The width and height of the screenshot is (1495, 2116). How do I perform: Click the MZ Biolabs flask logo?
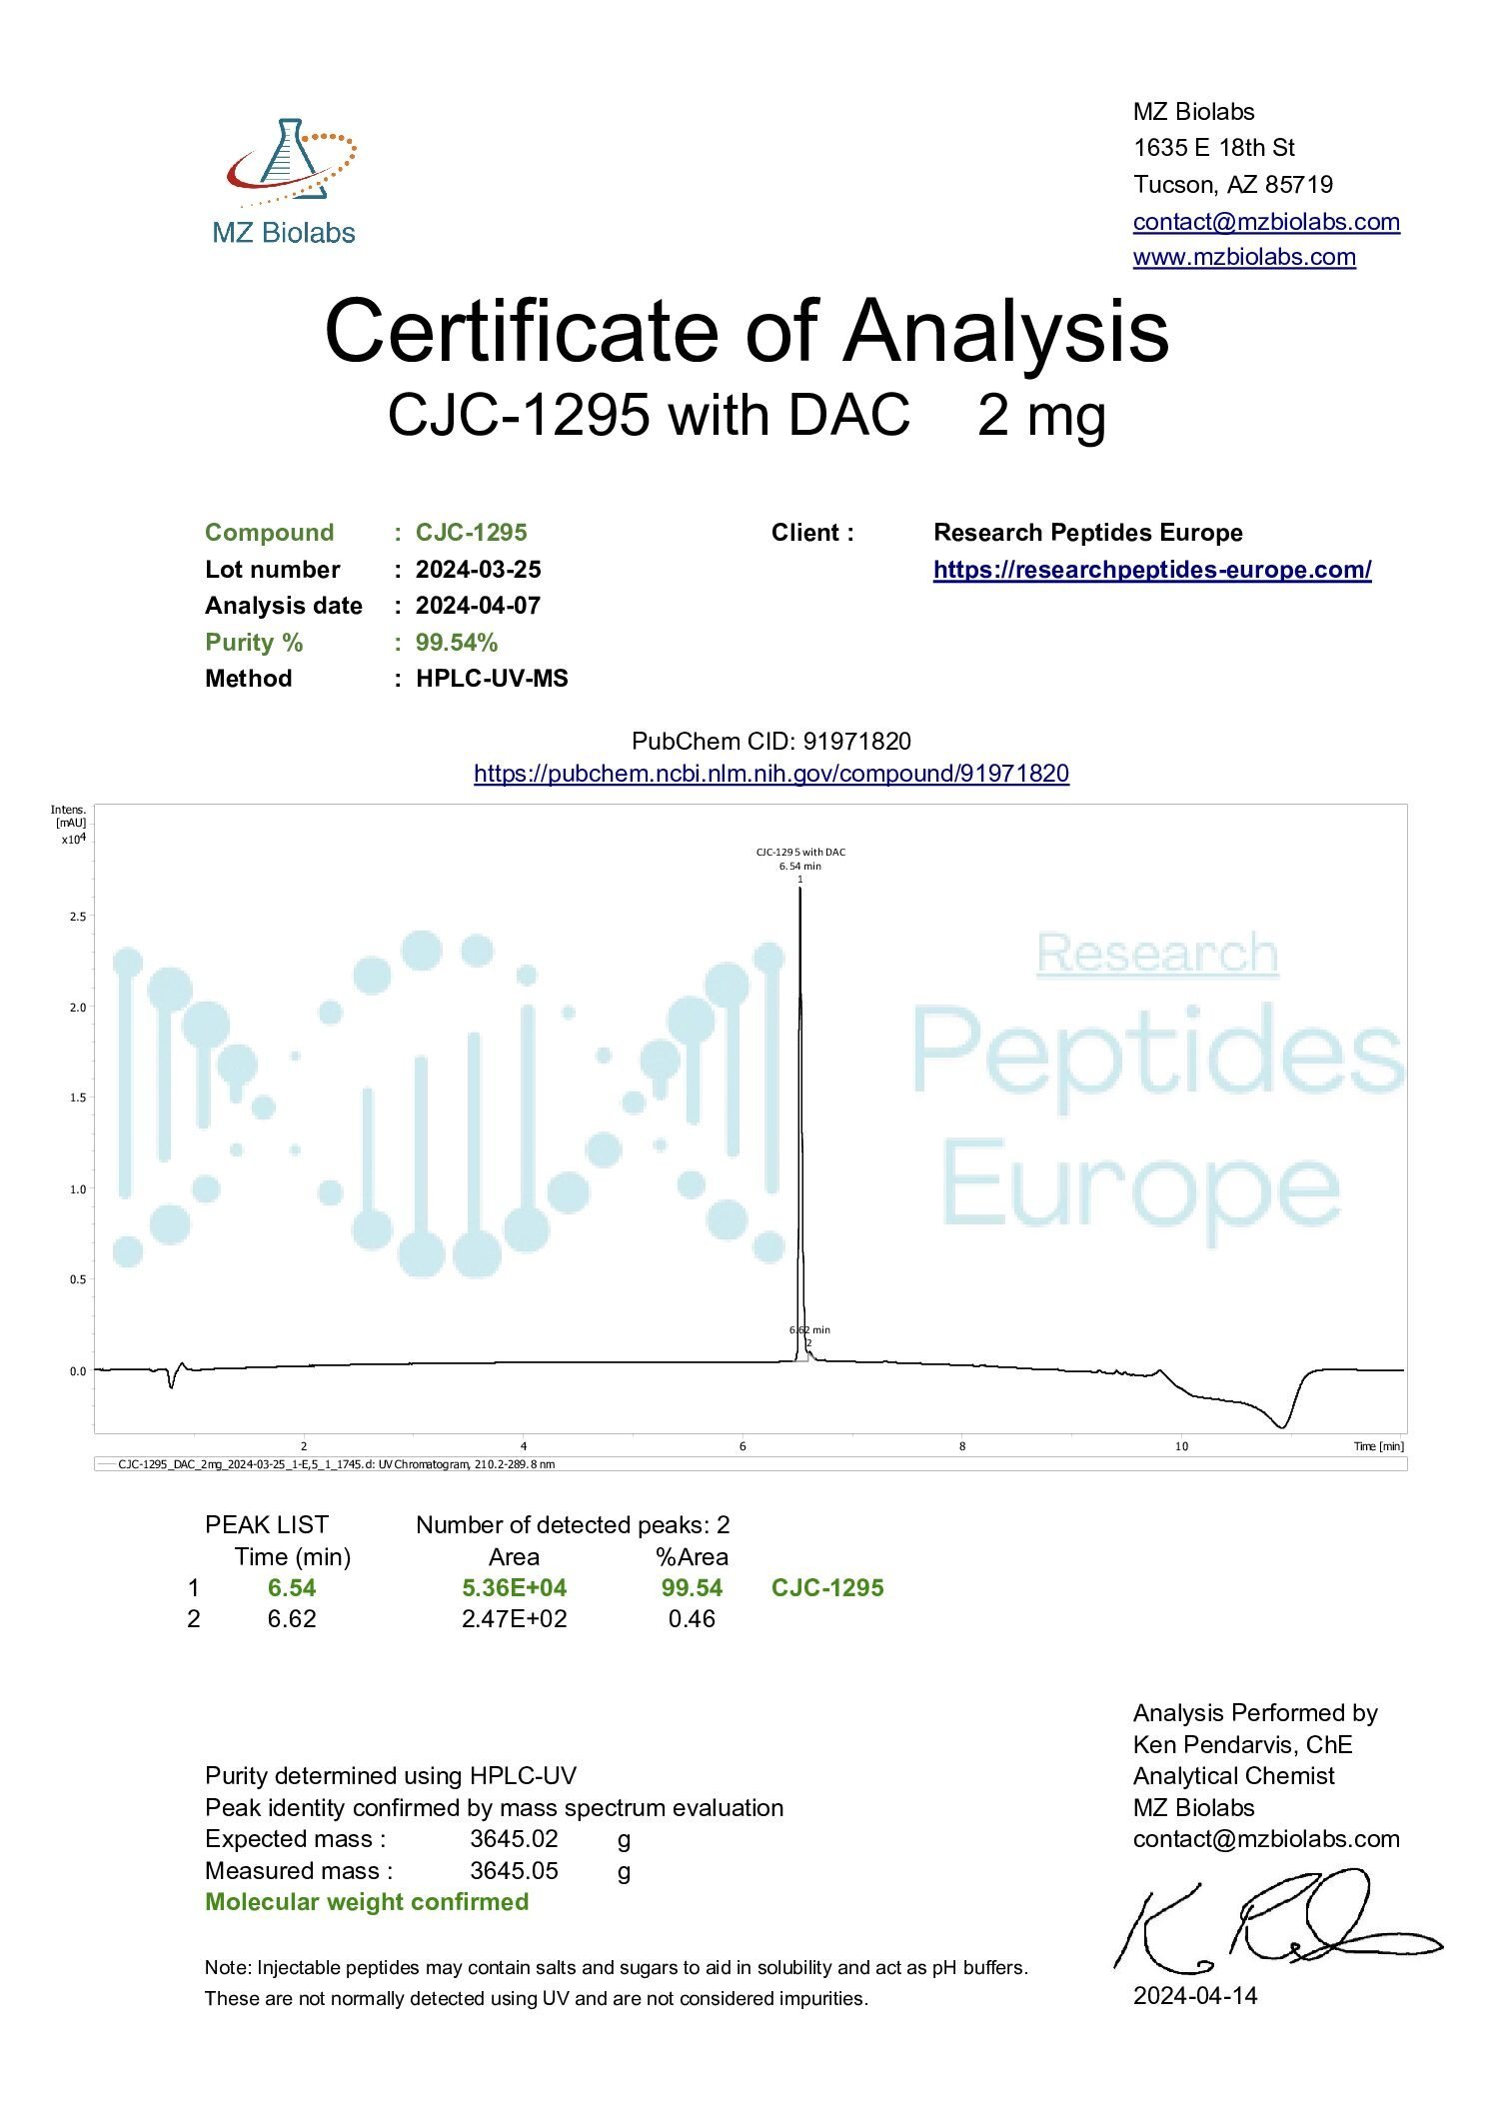pos(288,165)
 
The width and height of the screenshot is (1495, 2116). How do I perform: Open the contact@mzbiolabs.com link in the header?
pos(1265,221)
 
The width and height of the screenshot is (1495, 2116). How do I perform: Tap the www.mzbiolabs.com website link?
pos(1243,257)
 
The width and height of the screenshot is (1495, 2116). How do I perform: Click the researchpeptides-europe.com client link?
pos(1151,570)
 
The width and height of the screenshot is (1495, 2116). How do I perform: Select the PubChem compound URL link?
pos(770,774)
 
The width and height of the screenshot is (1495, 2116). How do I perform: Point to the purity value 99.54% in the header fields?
pos(457,643)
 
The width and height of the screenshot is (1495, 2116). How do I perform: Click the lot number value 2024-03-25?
pos(478,570)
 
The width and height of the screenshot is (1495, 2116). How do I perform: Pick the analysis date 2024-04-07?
pos(478,606)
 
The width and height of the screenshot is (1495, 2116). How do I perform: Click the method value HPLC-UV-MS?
pos(492,679)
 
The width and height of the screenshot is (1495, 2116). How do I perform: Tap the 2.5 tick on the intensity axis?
pos(78,917)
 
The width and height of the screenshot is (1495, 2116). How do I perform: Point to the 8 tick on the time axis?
pos(961,1446)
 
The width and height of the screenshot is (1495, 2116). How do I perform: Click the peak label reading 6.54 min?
pos(799,867)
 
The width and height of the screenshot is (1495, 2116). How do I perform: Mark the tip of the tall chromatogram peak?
pos(799,889)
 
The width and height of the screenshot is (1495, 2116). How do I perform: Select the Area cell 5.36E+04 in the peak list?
pos(514,1588)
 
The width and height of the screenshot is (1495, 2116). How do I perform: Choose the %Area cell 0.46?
pos(692,1619)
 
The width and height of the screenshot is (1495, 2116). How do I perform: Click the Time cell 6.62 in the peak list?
pos(292,1619)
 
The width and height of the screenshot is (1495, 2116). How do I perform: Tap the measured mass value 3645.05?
pos(514,1871)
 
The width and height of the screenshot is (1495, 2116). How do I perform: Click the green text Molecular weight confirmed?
pos(367,1902)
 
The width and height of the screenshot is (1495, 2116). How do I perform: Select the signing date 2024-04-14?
pos(1194,1996)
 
